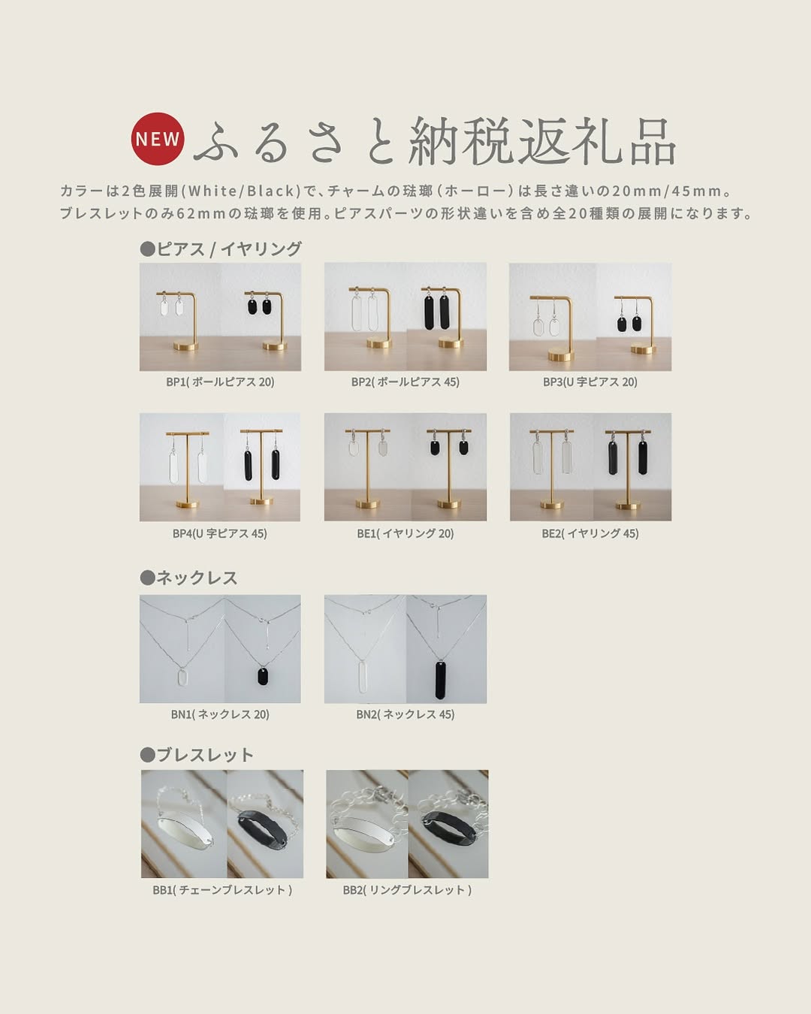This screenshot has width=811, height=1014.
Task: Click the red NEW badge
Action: [x=158, y=139]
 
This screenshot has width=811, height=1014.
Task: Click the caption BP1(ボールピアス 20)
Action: [x=220, y=382]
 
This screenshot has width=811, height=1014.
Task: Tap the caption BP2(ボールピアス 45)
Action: [x=405, y=382]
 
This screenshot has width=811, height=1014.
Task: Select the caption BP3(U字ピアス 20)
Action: [x=590, y=382]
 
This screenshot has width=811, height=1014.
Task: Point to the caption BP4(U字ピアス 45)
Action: [x=220, y=534]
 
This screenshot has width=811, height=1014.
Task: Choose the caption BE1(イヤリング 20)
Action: [x=405, y=534]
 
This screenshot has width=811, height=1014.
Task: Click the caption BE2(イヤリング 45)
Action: [x=590, y=534]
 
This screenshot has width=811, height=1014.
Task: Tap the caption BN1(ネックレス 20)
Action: [x=220, y=714]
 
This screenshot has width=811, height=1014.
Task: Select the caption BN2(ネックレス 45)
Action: [x=405, y=714]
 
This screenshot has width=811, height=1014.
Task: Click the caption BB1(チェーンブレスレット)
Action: [x=222, y=890]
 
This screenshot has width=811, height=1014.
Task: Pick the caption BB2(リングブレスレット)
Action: [x=407, y=890]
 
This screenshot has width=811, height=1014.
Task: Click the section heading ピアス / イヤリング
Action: [x=222, y=249]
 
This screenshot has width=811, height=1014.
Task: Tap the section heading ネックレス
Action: [x=189, y=578]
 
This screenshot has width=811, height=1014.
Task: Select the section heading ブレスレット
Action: [x=197, y=755]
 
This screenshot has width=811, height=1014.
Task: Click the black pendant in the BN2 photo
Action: [x=440, y=680]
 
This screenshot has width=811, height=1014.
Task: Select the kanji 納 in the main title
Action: [x=437, y=143]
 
